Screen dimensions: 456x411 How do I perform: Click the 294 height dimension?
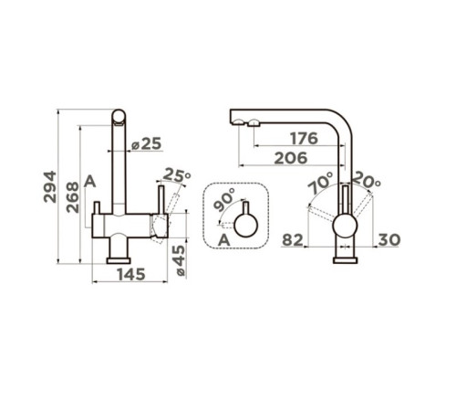click(50, 186)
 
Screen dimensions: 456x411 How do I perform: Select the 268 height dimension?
click(73, 197)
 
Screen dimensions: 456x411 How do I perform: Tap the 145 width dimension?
click(131, 275)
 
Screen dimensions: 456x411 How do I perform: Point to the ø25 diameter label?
click(146, 143)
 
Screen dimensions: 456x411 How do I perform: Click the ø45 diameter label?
click(180, 260)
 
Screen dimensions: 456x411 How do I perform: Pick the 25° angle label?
click(177, 175)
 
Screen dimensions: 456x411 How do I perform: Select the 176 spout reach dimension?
click(304, 139)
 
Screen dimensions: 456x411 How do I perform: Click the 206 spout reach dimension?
click(291, 158)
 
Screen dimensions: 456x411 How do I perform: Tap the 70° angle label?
click(320, 183)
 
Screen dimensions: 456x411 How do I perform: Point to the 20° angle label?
click(367, 180)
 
